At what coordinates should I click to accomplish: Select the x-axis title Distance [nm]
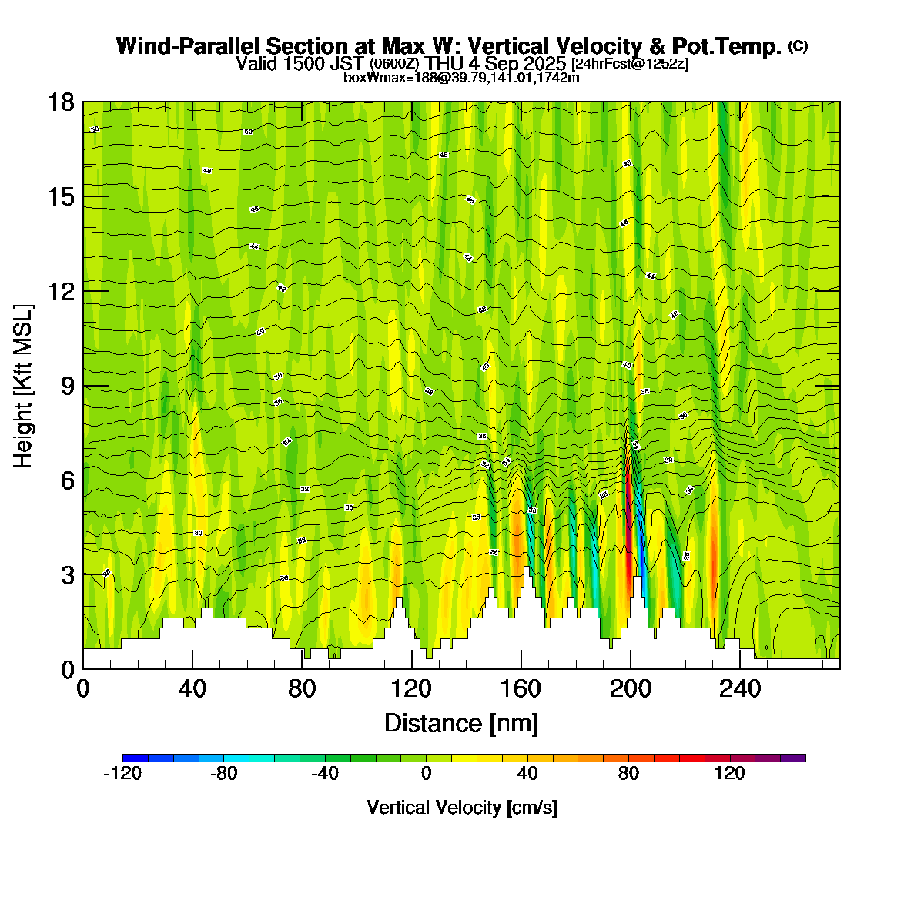tap(461, 723)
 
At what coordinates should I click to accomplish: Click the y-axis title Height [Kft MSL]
tap(24, 386)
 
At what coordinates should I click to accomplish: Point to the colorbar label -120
tap(122, 774)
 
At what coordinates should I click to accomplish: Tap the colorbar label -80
tap(224, 774)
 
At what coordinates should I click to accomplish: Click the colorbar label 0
tap(426, 774)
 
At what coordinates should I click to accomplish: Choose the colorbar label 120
tap(730, 774)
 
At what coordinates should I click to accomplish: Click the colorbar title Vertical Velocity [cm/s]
tap(462, 808)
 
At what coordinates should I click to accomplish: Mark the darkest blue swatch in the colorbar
tap(136, 758)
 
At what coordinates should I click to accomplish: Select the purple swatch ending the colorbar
tap(793, 758)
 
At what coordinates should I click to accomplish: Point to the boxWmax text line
tap(461, 77)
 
